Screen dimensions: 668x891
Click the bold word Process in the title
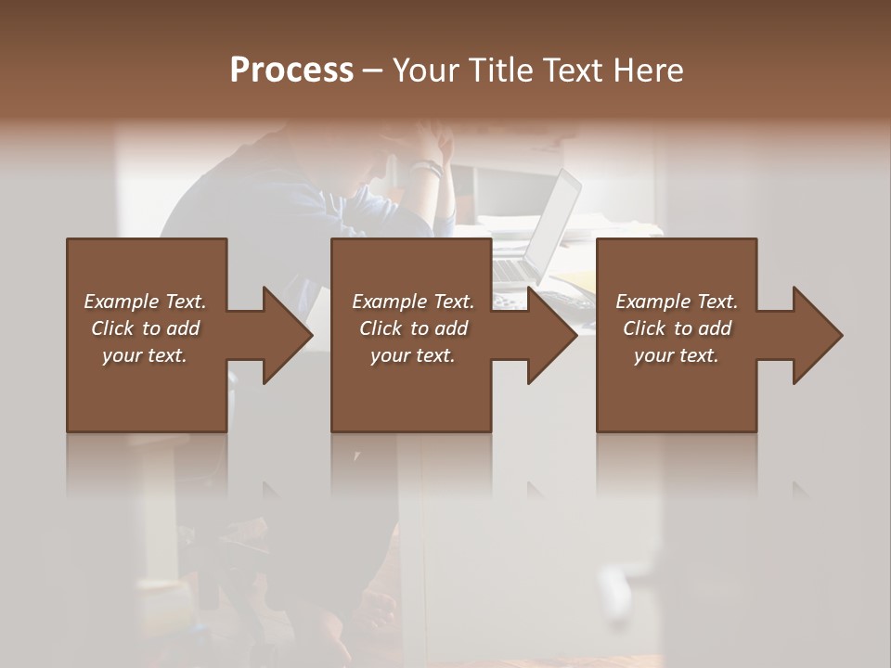pos(291,71)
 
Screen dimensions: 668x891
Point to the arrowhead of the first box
pos(283,335)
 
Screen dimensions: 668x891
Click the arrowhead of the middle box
pos(549,335)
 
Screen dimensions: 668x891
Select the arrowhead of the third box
pos(814,335)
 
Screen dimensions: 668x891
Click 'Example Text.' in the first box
pos(145,302)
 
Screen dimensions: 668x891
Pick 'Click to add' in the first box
pos(145,328)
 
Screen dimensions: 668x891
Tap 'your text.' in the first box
pos(145,355)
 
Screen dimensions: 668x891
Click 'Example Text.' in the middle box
pos(413,302)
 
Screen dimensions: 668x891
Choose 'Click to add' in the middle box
pos(413,328)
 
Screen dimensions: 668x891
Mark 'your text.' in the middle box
pos(413,355)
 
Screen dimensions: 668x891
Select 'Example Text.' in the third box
pos(677,302)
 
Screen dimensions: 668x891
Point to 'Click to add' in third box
pos(677,328)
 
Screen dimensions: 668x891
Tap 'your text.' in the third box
pos(677,355)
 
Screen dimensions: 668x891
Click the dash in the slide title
pos(373,71)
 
